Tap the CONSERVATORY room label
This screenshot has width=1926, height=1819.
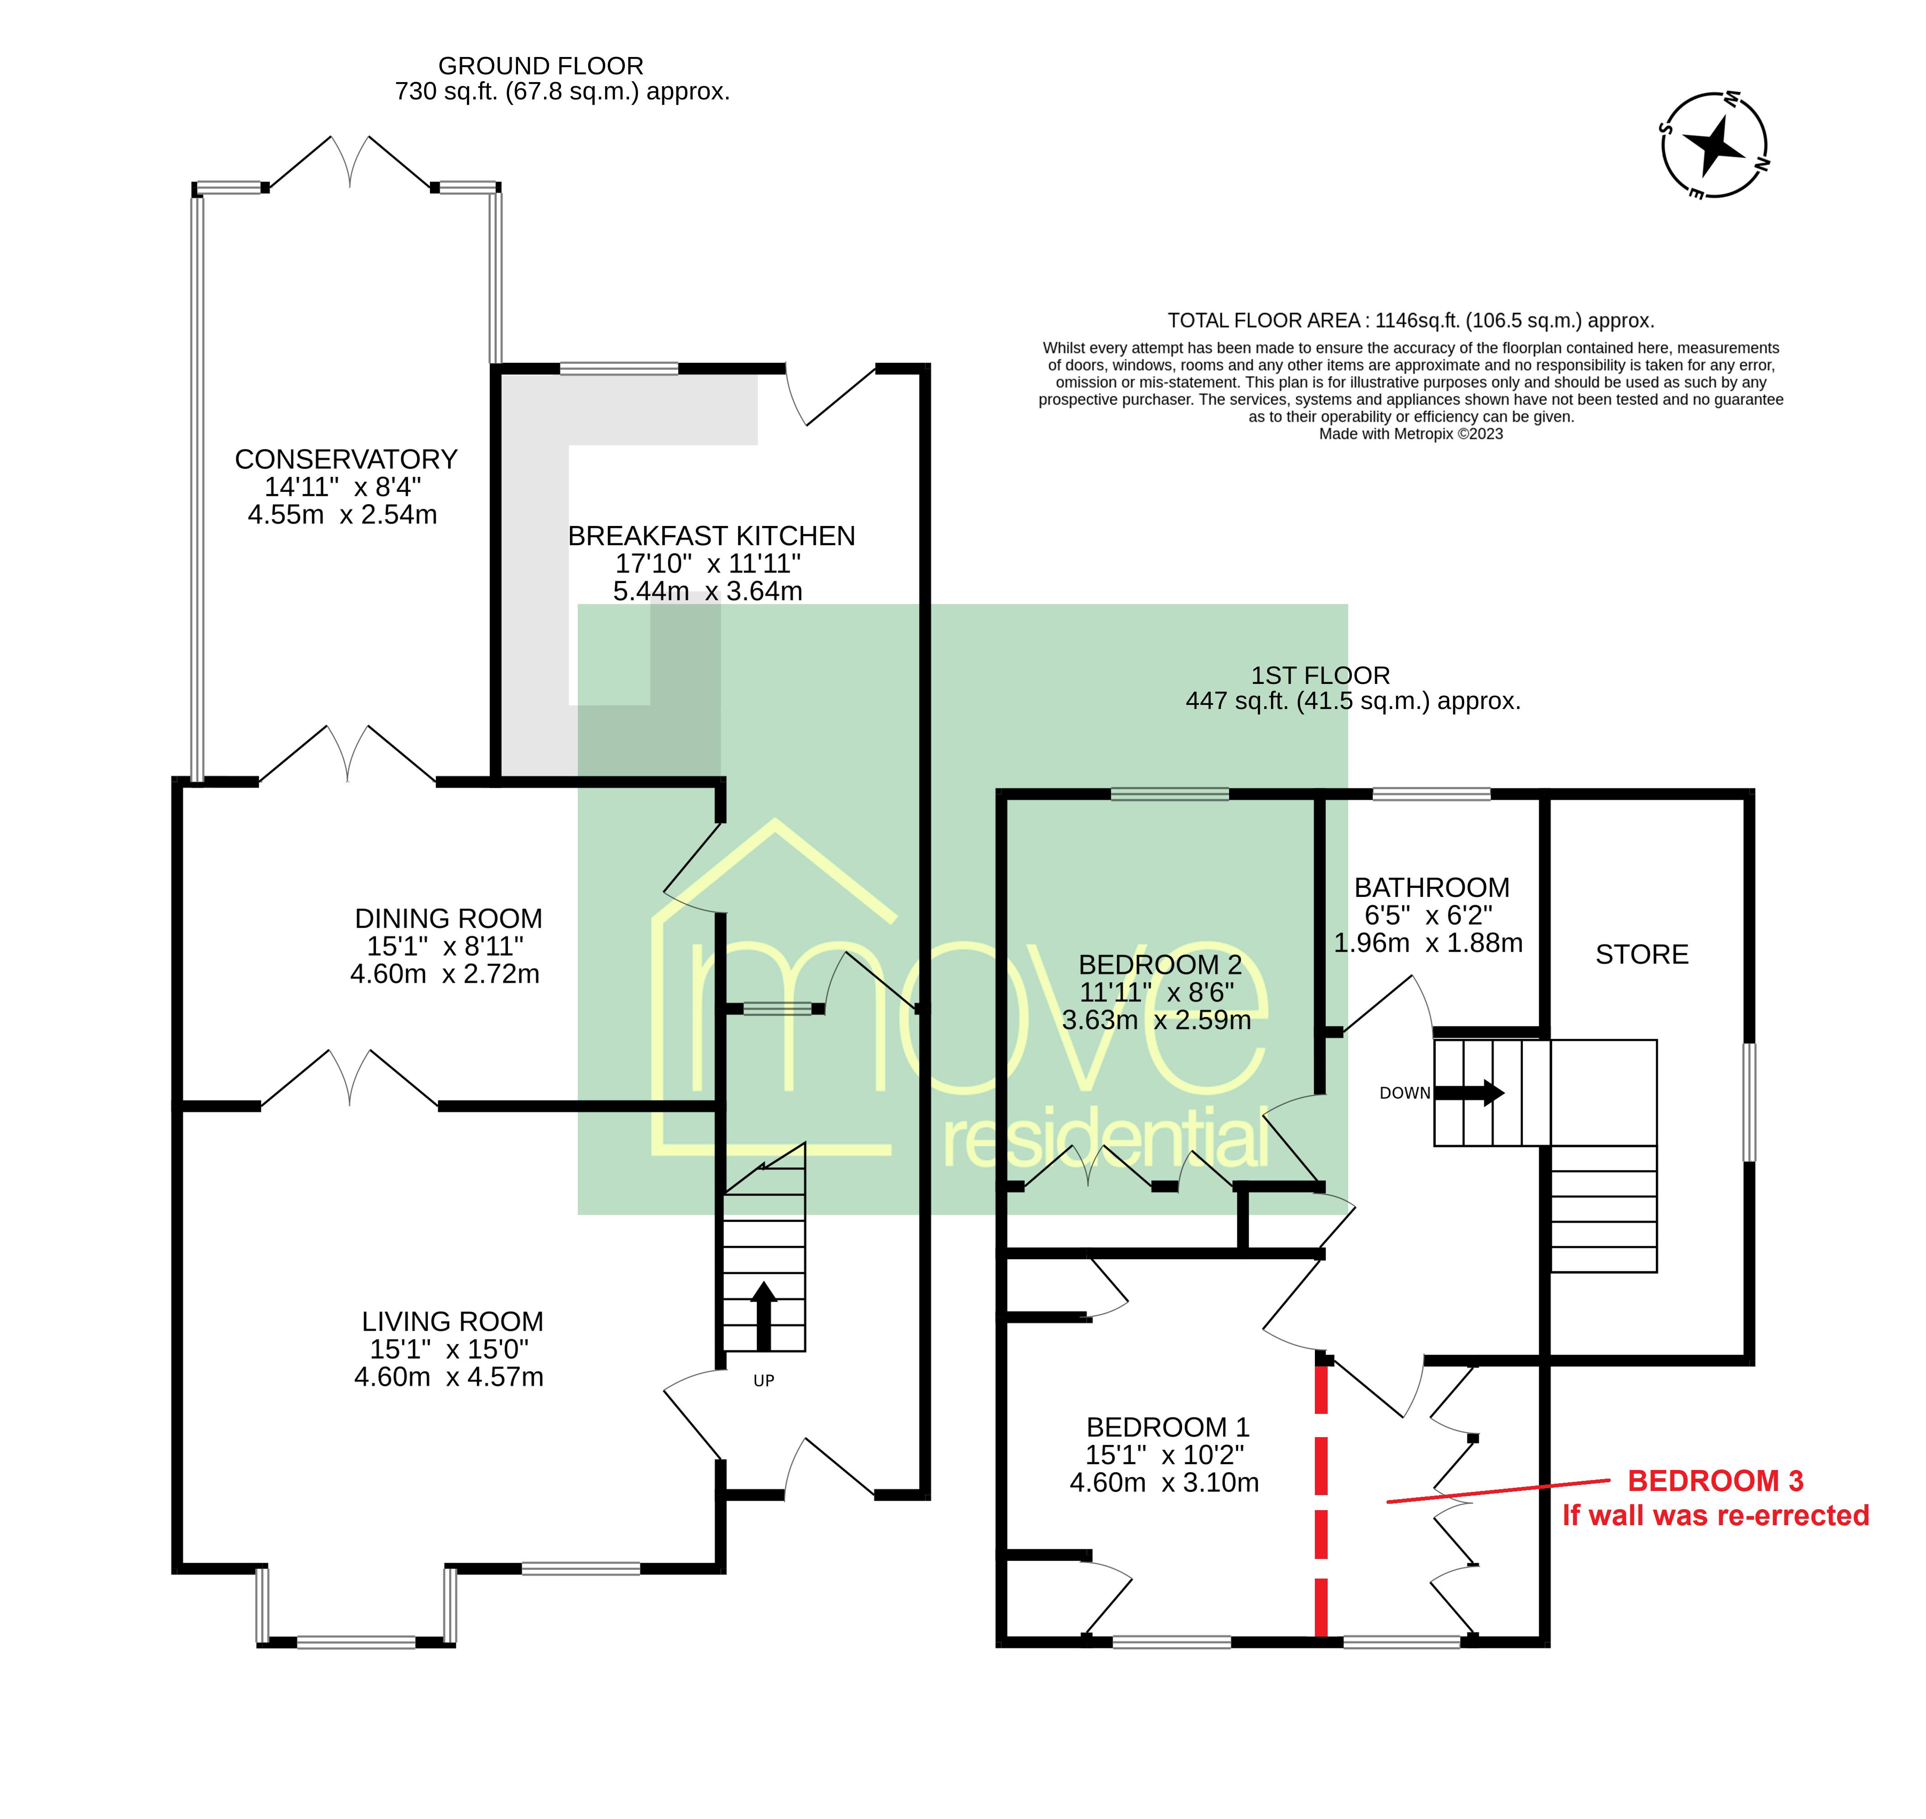click(346, 459)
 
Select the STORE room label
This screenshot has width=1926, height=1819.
click(1642, 955)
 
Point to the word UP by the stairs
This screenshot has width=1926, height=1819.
click(764, 1381)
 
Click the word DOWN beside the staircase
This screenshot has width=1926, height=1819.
click(1405, 1093)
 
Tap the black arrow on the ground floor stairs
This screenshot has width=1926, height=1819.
click(764, 1316)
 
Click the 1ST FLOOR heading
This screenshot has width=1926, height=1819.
click(1320, 676)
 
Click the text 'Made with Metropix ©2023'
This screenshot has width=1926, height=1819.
click(1411, 434)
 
